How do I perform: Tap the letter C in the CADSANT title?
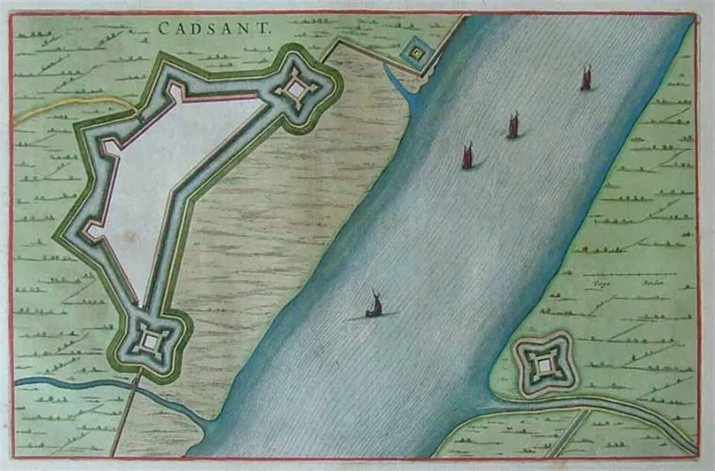163,28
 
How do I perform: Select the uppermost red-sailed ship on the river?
586,78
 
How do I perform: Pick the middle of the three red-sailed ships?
513,125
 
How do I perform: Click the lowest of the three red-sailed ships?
468,157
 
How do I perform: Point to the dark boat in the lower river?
374,306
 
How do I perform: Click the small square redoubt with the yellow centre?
416,53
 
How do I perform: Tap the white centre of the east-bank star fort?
545,364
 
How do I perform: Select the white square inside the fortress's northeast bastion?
296,90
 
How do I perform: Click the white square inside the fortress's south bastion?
151,341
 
